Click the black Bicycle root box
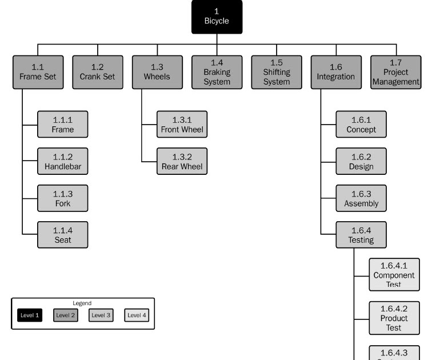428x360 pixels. coord(217,17)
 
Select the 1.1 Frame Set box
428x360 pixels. coord(38,72)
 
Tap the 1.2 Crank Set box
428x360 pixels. coord(97,72)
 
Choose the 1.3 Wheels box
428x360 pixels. coord(157,72)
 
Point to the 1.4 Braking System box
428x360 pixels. coord(217,72)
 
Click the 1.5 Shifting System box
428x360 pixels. coord(277,72)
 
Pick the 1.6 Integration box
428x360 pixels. coord(336,72)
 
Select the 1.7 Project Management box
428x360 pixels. coord(395,72)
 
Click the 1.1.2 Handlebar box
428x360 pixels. coord(63,161)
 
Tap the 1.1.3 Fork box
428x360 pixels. coord(63,198)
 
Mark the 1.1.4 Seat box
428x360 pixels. coord(63,234)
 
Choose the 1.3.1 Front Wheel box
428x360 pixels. coord(182,125)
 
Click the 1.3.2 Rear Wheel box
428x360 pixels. coord(182,161)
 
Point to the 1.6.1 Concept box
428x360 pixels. coord(361,125)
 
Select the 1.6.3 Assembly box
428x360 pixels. coord(361,198)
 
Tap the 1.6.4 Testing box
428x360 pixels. coord(361,234)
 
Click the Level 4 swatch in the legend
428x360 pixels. coord(137,315)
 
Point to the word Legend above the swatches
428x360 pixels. coord(82,303)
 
